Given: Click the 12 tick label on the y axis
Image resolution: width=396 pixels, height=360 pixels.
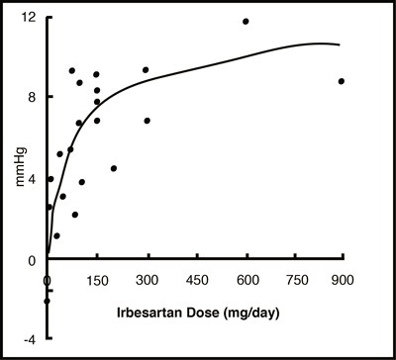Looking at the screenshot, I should [x=31, y=18].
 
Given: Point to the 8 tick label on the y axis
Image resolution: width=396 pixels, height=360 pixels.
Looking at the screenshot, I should [x=34, y=97].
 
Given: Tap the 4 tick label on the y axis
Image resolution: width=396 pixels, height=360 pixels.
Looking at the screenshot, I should [x=34, y=179].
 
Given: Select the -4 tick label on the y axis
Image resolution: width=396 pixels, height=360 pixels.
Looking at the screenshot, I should [x=31, y=339].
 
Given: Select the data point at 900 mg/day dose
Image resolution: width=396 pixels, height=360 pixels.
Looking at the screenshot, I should [x=342, y=81].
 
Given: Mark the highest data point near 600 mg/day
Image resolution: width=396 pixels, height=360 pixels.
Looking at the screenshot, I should [x=246, y=21].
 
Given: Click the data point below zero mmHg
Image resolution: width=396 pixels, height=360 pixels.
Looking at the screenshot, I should [x=47, y=301].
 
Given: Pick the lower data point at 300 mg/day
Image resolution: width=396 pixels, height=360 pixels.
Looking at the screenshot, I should [x=147, y=121].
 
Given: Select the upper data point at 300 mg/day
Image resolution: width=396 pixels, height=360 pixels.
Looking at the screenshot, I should [x=146, y=69].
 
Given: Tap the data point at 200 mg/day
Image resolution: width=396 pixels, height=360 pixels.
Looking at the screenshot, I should [x=114, y=168].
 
